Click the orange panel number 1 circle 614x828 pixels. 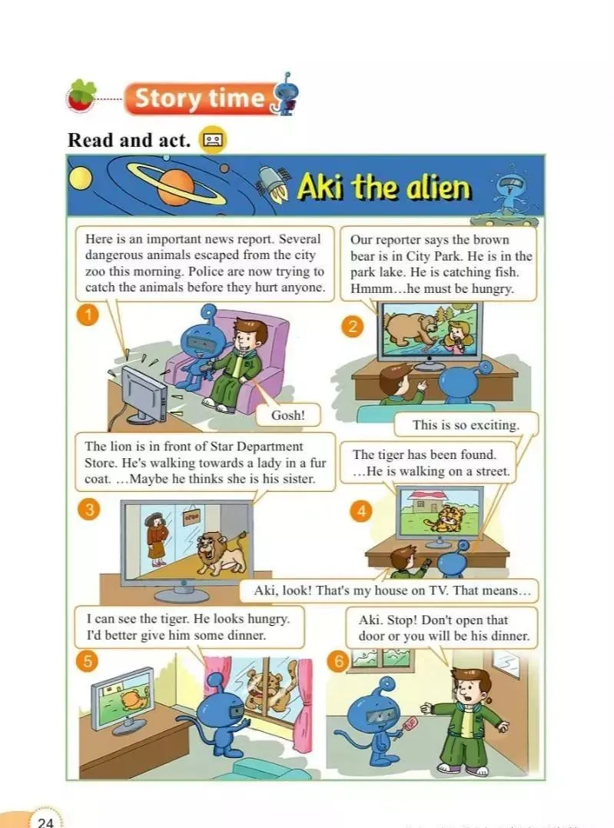coord(88,315)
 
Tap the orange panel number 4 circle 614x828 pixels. coord(361,510)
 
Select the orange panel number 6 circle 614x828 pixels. coord(338,661)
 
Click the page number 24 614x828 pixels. coord(46,822)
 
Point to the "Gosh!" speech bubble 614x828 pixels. coord(288,415)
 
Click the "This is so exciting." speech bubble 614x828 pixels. coord(466,425)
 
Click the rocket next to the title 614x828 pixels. coord(273,185)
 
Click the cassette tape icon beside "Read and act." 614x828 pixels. coord(213,140)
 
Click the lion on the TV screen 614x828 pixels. coord(221,552)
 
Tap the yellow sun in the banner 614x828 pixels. coord(80,180)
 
